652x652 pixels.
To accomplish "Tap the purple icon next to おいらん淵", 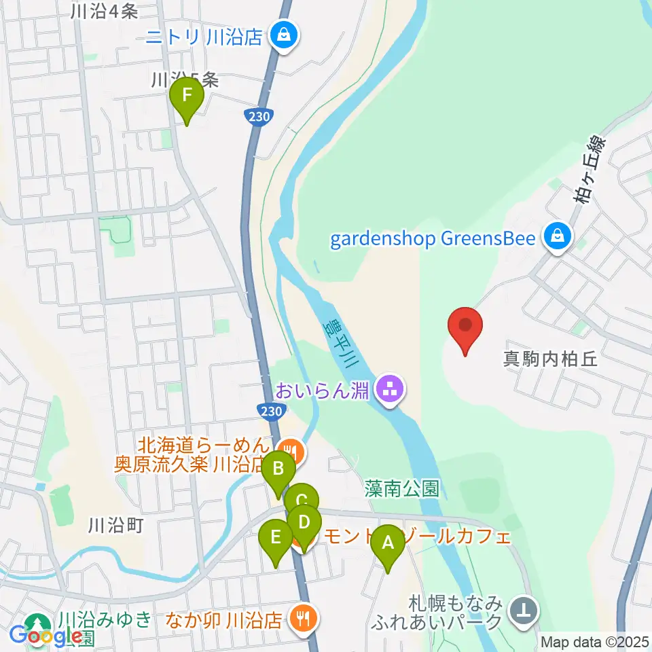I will coord(389,391).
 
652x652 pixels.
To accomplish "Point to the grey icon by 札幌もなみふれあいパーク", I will coord(523,610).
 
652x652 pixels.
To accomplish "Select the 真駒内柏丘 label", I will coord(550,359).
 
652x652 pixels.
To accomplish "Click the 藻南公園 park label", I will coord(401,488).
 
